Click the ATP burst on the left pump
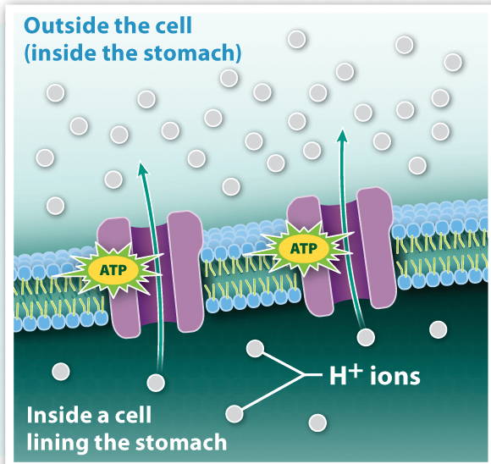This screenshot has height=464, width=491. coord(113,269)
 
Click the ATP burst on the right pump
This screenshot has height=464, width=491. coord(304,249)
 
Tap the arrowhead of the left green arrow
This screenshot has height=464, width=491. coord(143,168)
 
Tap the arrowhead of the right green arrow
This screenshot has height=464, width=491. coord(343,135)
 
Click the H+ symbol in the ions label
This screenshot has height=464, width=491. coord(346,375)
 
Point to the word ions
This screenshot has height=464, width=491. coord(394,376)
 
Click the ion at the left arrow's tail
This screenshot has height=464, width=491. coord(156,383)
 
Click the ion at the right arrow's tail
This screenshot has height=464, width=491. coord(366,338)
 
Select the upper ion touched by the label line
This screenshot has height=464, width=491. coord(255,348)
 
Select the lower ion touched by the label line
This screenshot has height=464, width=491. coord(234,413)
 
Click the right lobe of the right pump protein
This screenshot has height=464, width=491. coord(375,247)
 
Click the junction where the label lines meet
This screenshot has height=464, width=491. coord(302,375)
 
